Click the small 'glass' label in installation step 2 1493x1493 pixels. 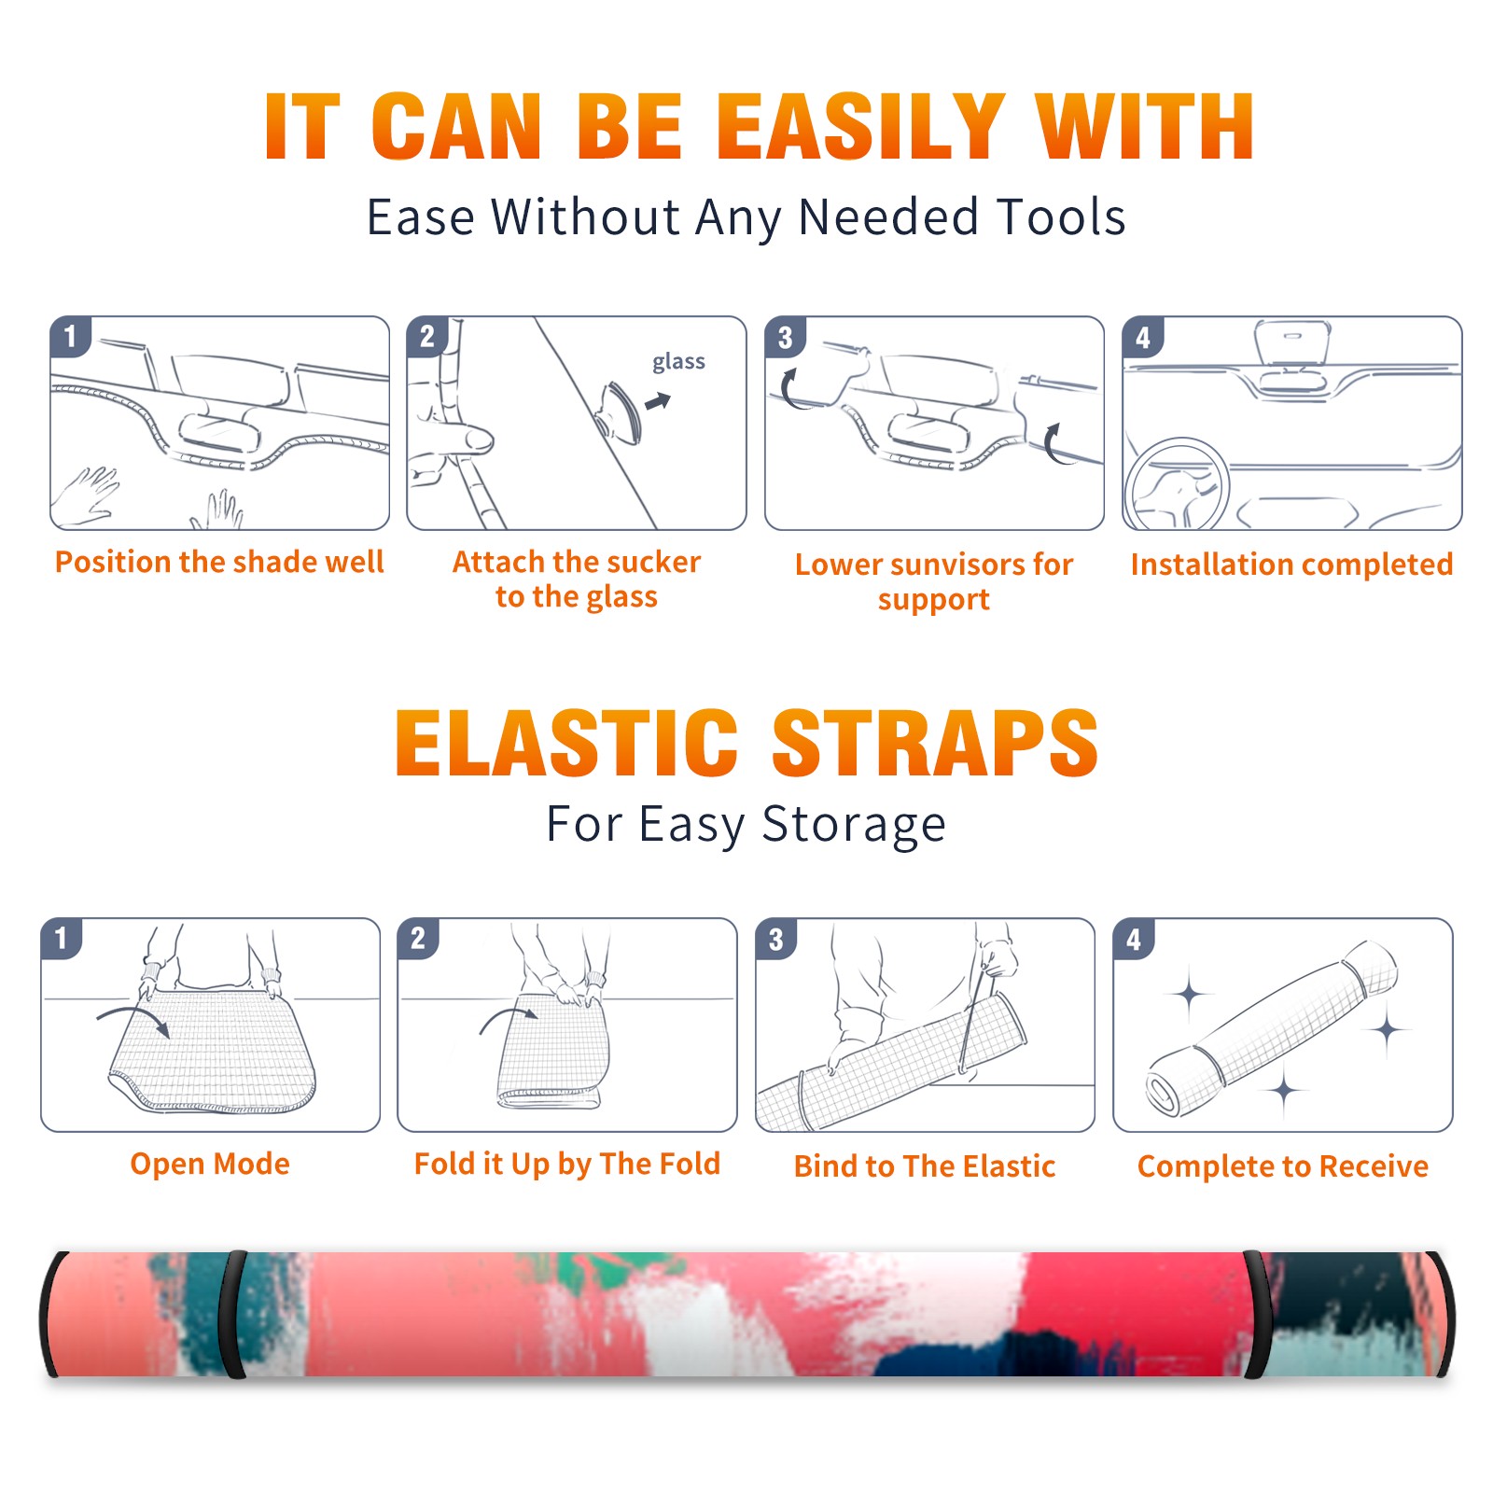678,361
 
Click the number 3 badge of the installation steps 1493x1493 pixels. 785,337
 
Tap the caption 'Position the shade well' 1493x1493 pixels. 219,562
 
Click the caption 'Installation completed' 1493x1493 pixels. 1291,565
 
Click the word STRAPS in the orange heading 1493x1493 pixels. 935,743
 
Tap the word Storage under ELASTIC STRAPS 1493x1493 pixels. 854,825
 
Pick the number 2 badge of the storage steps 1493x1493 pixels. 418,939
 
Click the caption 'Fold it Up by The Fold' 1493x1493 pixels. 567,1164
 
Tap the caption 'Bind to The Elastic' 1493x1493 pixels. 925,1166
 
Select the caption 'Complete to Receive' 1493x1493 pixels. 1283,1166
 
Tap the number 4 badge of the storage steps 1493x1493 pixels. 1134,939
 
